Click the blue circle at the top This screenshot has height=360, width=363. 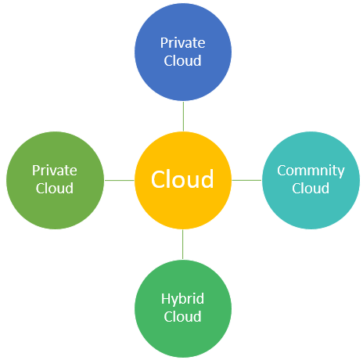[x=183, y=52]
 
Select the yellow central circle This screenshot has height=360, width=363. [x=183, y=180]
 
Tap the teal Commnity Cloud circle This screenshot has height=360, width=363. [x=311, y=180]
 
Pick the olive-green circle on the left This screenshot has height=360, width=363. [x=55, y=180]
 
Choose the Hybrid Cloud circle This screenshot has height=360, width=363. [x=183, y=308]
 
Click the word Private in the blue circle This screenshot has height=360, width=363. [x=182, y=43]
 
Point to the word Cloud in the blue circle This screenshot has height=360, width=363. [x=182, y=60]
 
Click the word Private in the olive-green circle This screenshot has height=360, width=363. [x=55, y=171]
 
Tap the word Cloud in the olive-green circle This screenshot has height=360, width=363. [x=55, y=188]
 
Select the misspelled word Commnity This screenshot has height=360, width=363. [x=311, y=171]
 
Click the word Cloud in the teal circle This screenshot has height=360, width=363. [x=311, y=188]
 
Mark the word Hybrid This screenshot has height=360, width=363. [x=182, y=300]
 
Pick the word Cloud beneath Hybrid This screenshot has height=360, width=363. [x=182, y=316]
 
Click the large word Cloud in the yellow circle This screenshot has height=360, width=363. [x=182, y=179]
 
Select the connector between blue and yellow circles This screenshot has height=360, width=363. [x=183, y=117]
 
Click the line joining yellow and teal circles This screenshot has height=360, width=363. [x=246, y=180]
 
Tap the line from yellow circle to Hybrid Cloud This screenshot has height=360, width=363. [x=182, y=244]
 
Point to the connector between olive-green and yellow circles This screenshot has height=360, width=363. [x=120, y=180]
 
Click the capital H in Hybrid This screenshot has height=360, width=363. [x=165, y=299]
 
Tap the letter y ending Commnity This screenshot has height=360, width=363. [x=341, y=173]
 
